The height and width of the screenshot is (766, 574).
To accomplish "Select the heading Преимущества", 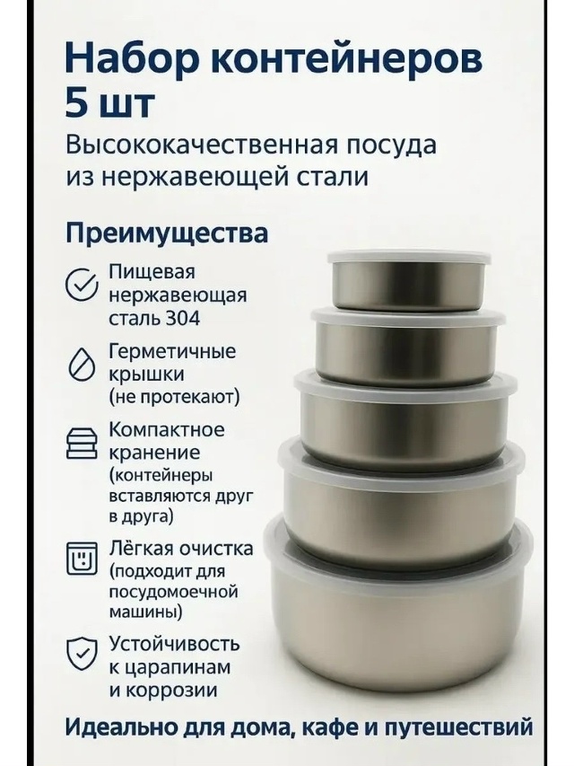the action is coord(167,234).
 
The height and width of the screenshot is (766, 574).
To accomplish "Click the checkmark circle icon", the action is coord(81,284).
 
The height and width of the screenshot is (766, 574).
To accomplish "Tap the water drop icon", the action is coord(81,365).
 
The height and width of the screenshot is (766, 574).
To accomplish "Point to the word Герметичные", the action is coord(172,352).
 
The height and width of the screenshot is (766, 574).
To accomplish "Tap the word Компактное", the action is coord(167,430).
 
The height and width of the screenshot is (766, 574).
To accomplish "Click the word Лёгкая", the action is coord(141,549).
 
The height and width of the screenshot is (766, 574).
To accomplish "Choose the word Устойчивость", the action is coord(174,645).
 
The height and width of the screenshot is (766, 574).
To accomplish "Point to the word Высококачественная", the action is coord(222,145).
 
